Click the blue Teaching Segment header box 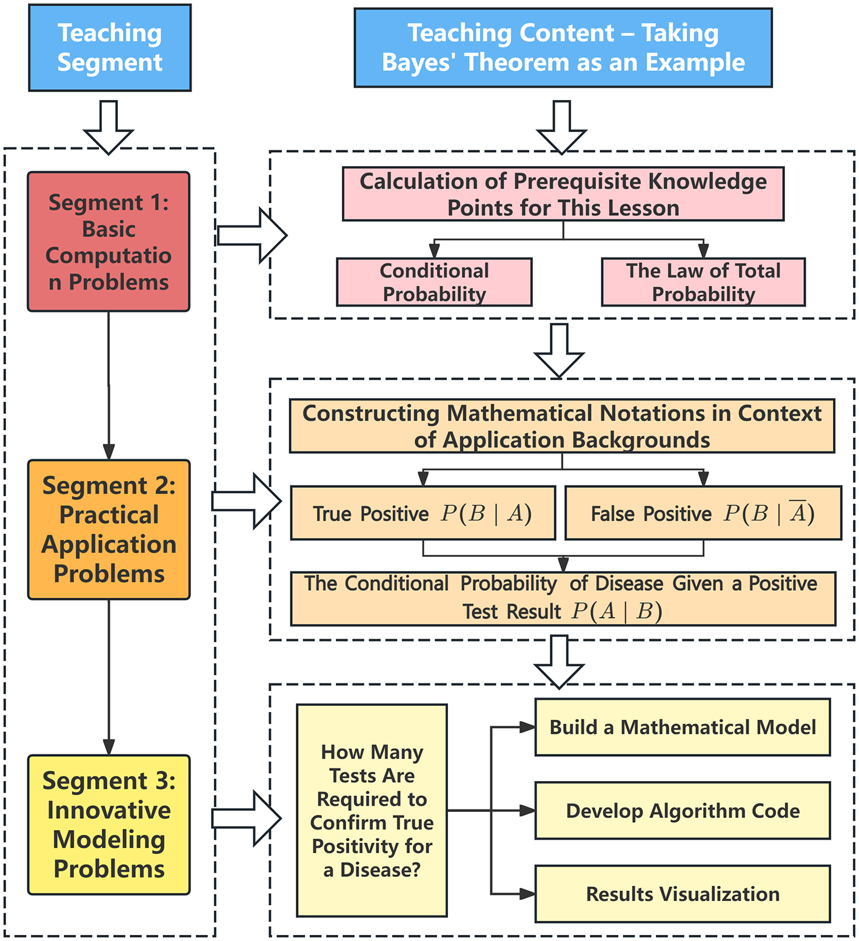[x=110, y=48]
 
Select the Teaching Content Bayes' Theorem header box [x=563, y=48]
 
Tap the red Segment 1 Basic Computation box [x=109, y=242]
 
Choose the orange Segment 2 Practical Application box [x=109, y=530]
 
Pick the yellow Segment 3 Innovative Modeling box [x=109, y=825]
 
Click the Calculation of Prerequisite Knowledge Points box [x=563, y=194]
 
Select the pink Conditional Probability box [x=434, y=282]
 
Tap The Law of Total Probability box [x=703, y=282]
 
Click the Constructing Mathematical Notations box [x=561, y=426]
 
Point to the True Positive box [x=423, y=513]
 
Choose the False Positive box [x=703, y=513]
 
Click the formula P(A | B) [x=617, y=611]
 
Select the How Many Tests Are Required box [x=372, y=811]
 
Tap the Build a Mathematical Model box [x=682, y=727]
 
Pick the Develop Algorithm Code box [x=682, y=811]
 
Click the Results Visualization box [x=682, y=894]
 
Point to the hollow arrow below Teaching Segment [x=109, y=126]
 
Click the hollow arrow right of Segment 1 [x=251, y=235]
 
